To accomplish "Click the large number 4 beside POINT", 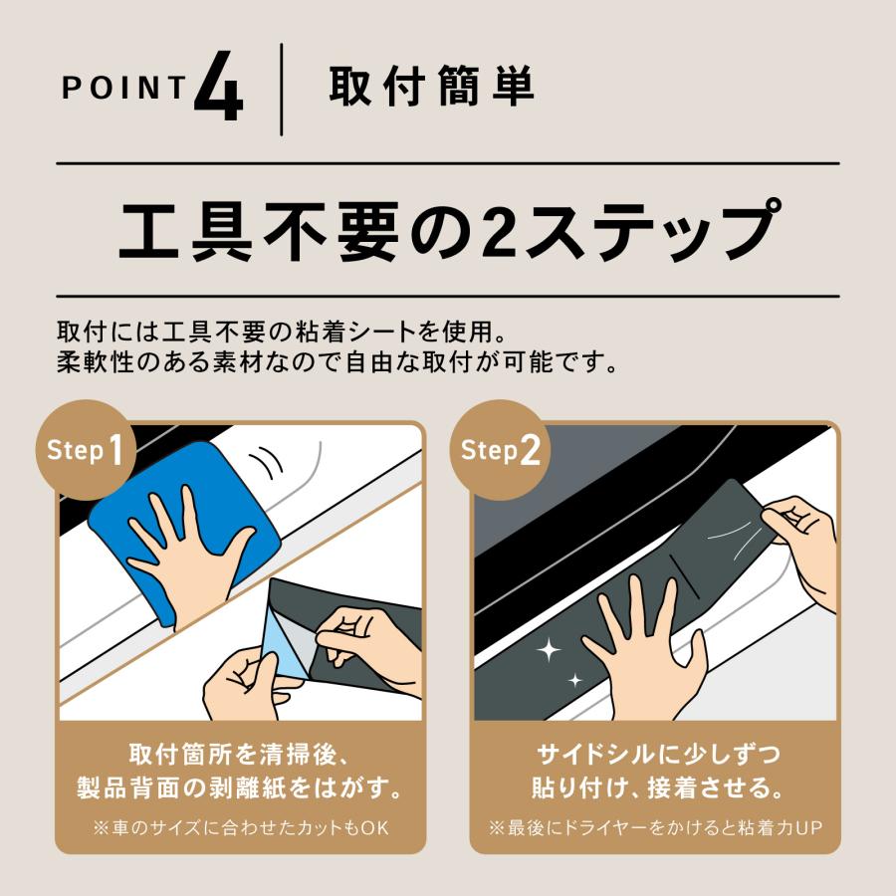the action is pyautogui.click(x=219, y=86).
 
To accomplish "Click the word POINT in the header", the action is pyautogui.click(x=124, y=88).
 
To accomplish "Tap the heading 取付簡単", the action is pyautogui.click(x=431, y=87).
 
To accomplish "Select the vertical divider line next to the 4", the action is pyautogui.click(x=281, y=90).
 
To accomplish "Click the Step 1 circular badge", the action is pyautogui.click(x=86, y=450).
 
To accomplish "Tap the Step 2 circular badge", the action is pyautogui.click(x=500, y=450).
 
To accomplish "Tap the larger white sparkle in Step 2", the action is pyautogui.click(x=548, y=649).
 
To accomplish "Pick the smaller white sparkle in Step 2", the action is pyautogui.click(x=574, y=680).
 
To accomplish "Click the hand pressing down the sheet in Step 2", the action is pyautogui.click(x=646, y=646).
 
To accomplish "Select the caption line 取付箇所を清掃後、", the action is pyautogui.click(x=238, y=755).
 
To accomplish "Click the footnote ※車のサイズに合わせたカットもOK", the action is pyautogui.click(x=241, y=827).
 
